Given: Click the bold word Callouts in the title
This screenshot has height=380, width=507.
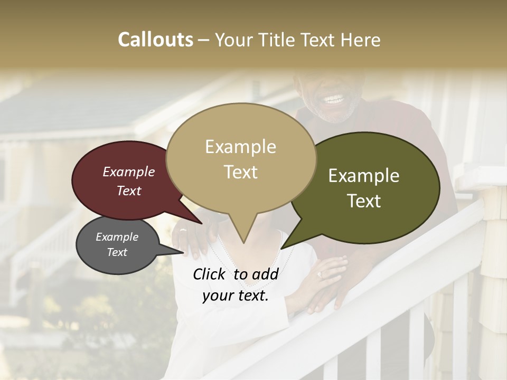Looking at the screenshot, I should (x=155, y=40).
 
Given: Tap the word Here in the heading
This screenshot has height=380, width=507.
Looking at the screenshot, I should (x=361, y=40).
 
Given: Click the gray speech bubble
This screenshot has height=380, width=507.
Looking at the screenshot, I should (x=117, y=245).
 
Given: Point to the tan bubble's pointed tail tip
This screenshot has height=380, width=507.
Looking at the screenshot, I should (x=243, y=242).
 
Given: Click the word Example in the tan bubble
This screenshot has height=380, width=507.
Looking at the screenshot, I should (x=240, y=147).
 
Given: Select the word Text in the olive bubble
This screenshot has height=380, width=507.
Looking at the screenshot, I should (x=364, y=201).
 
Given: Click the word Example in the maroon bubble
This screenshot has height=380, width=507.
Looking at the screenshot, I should (x=129, y=172).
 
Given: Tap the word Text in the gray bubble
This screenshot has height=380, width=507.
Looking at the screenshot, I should (x=117, y=252).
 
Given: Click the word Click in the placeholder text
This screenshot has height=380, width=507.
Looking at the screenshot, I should (x=210, y=274).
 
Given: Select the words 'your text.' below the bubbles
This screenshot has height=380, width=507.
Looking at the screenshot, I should (x=235, y=296).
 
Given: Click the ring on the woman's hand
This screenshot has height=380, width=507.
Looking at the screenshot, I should (x=318, y=274).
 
